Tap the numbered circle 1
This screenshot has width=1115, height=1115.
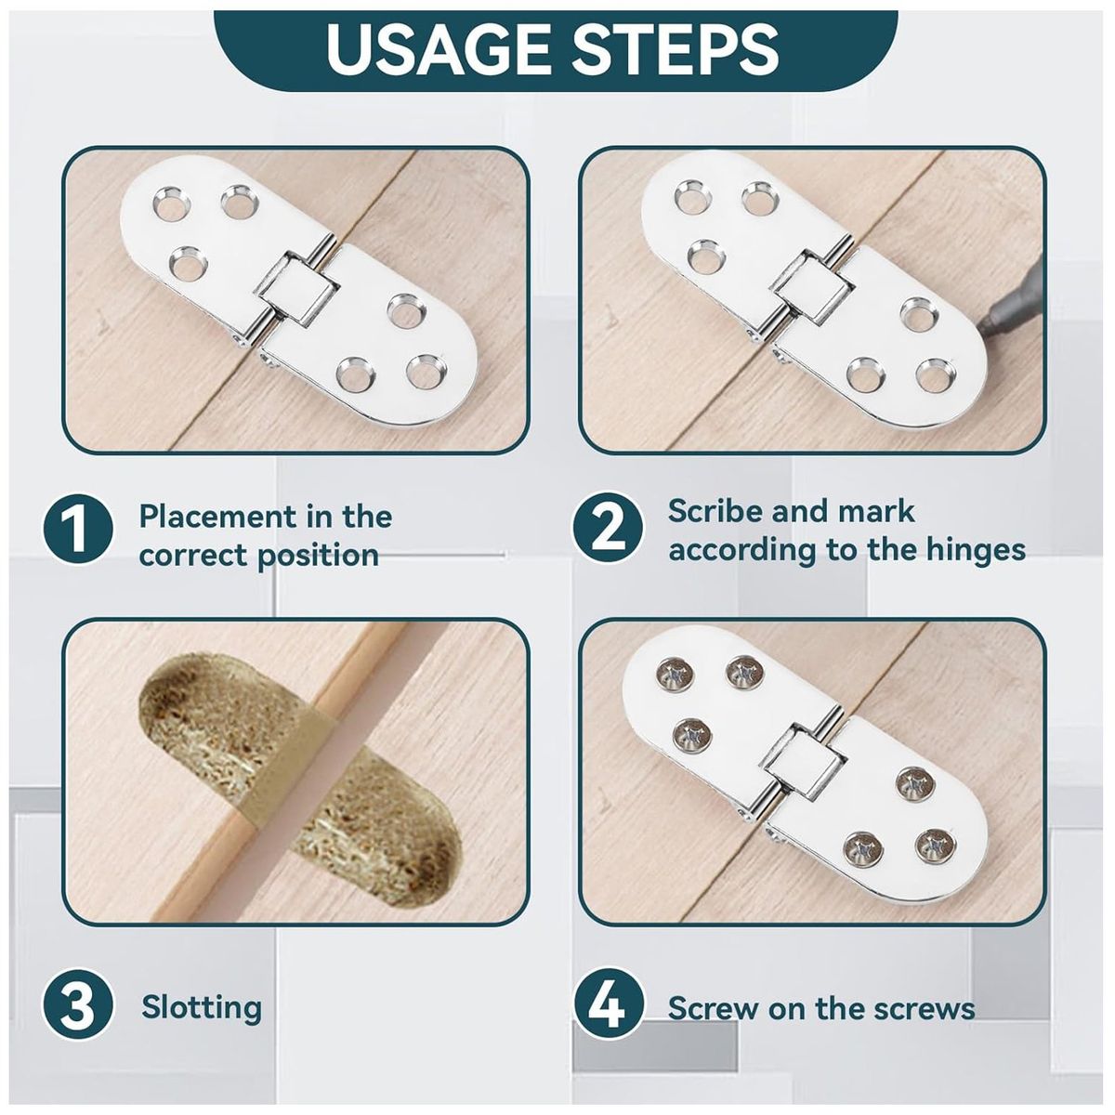click(x=78, y=529)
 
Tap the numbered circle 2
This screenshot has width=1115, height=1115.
click(x=608, y=528)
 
